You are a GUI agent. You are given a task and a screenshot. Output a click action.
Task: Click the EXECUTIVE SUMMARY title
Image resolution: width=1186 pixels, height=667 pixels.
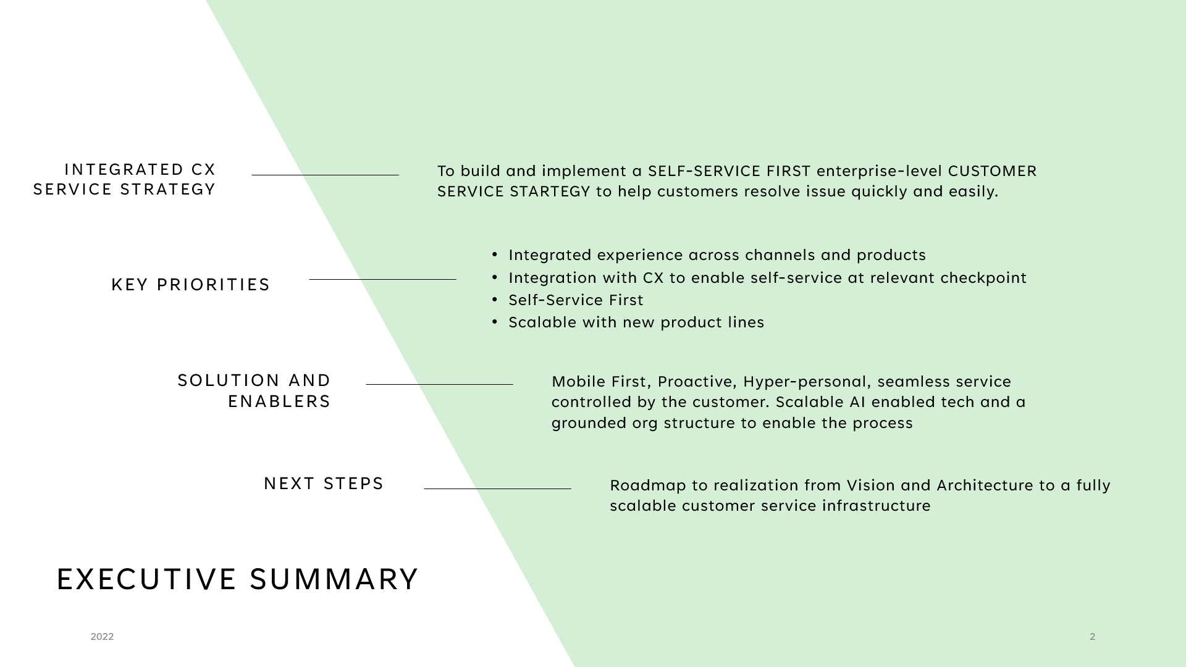(237, 579)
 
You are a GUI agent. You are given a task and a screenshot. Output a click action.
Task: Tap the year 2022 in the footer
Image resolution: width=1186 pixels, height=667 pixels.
(102, 637)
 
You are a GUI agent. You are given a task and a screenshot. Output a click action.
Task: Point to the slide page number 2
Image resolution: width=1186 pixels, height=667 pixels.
(1092, 637)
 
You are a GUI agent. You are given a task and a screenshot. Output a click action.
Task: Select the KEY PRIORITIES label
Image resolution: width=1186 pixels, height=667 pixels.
(191, 285)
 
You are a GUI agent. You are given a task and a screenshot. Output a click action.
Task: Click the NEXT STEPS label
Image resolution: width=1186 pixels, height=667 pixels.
(324, 484)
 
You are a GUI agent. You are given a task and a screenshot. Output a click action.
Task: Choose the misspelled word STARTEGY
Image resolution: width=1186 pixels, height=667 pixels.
(550, 191)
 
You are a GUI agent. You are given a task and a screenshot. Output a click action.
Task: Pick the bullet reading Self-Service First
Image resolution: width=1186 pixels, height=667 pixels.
(576, 300)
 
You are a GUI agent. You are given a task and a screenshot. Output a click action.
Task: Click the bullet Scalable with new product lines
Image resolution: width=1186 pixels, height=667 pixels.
(636, 322)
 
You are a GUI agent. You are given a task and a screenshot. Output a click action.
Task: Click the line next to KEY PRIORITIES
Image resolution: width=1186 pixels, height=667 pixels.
(382, 279)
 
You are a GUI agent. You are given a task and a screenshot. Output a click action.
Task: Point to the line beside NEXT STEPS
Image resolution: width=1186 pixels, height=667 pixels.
(497, 489)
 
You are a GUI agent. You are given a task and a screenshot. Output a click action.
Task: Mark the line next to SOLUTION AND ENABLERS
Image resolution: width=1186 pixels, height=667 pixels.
(439, 384)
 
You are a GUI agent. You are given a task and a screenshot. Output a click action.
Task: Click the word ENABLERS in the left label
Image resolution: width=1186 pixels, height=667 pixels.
(279, 401)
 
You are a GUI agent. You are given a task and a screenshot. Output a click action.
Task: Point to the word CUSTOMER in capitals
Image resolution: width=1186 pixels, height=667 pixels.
(992, 171)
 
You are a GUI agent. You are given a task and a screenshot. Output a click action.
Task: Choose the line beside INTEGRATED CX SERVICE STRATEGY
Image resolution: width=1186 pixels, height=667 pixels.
(325, 175)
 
